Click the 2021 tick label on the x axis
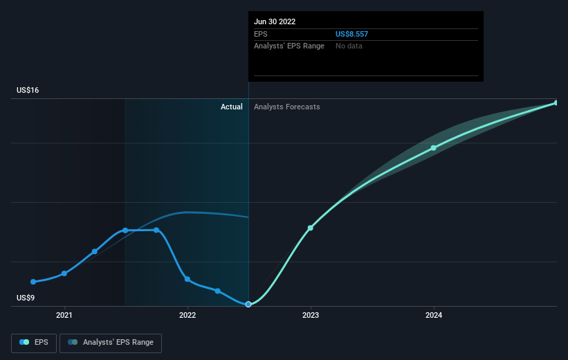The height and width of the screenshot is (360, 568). [64, 315]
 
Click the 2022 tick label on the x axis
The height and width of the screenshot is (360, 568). [187, 315]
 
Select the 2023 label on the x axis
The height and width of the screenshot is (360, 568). [311, 315]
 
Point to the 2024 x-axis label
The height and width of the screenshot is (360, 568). [434, 315]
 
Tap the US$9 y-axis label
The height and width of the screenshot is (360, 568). [27, 298]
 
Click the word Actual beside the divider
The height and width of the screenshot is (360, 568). [232, 107]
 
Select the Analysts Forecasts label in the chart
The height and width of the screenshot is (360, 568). [287, 107]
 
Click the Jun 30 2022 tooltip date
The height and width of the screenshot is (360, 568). [275, 21]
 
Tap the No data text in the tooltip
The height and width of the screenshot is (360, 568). [349, 46]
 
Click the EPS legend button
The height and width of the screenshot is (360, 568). [35, 342]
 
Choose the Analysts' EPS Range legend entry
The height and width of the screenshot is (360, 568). [111, 342]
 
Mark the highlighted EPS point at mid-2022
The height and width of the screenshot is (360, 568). [248, 305]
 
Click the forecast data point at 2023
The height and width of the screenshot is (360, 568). [311, 228]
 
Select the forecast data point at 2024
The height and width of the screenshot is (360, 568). [434, 147]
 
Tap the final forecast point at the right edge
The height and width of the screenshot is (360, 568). [556, 102]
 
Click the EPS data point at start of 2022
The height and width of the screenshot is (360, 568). [187, 279]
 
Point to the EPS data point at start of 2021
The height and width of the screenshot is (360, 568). [64, 273]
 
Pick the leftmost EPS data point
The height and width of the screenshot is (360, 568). [33, 282]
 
